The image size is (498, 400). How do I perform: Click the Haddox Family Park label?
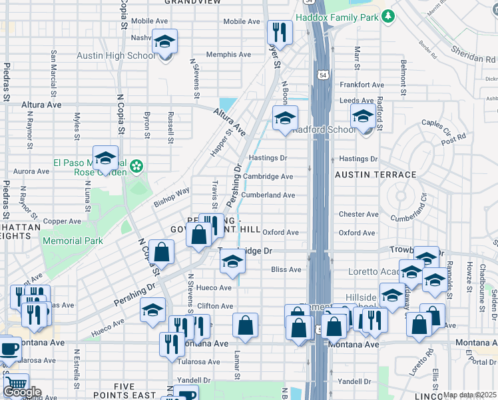pos(337,17)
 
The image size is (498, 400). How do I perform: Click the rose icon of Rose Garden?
pos(136,165)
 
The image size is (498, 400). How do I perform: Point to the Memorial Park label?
pos(73,241)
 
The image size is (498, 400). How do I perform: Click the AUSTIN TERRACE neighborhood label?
pos(375,175)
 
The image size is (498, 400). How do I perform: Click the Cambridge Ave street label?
pos(268,177)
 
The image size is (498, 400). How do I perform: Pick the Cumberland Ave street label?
pos(268,195)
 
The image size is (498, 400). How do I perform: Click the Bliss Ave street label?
pos(286,270)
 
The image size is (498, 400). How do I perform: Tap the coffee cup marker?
pos(9,349)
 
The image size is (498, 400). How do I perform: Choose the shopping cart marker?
pos(15,385)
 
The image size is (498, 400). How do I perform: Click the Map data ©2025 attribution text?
pos(469,395)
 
